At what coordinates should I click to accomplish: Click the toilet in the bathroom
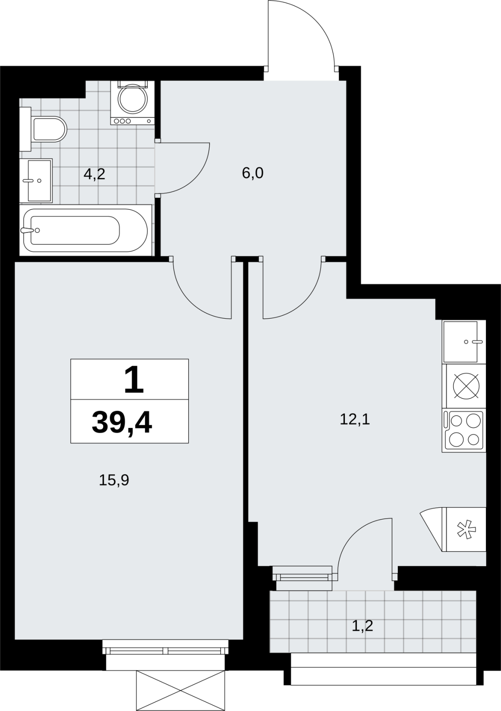43,129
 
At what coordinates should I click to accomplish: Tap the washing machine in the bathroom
133,103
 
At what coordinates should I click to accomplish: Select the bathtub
85,230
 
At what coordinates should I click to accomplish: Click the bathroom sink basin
36,180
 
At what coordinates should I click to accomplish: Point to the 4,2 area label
94,174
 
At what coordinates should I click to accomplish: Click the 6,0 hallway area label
253,173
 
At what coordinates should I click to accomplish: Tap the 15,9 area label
114,480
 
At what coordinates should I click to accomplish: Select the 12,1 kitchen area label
355,419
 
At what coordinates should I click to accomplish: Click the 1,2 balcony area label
362,626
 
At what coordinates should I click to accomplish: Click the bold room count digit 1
134,379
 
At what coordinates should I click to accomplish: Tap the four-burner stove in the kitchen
464,430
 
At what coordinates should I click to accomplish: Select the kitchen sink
464,342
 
